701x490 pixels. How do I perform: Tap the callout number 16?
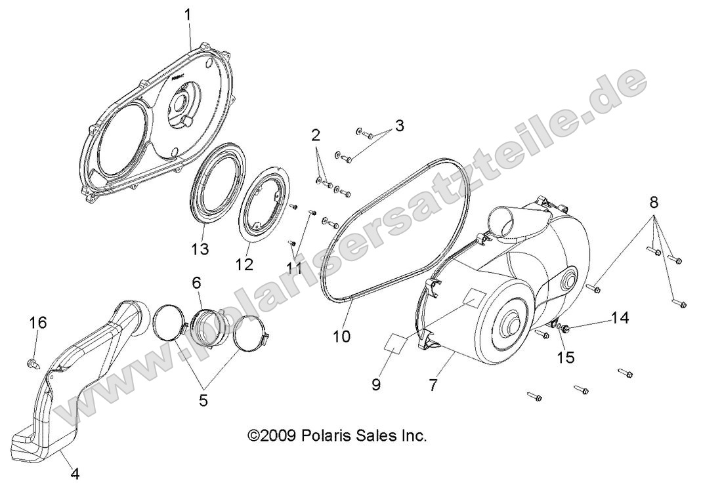38,322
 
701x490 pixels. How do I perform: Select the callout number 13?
200,249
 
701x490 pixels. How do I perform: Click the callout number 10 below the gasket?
342,337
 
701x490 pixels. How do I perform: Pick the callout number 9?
377,385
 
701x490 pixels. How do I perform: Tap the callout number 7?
432,385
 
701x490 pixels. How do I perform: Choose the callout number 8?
654,202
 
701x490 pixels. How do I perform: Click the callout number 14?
620,319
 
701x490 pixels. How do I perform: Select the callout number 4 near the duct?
75,474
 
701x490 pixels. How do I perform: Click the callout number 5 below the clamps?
203,399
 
